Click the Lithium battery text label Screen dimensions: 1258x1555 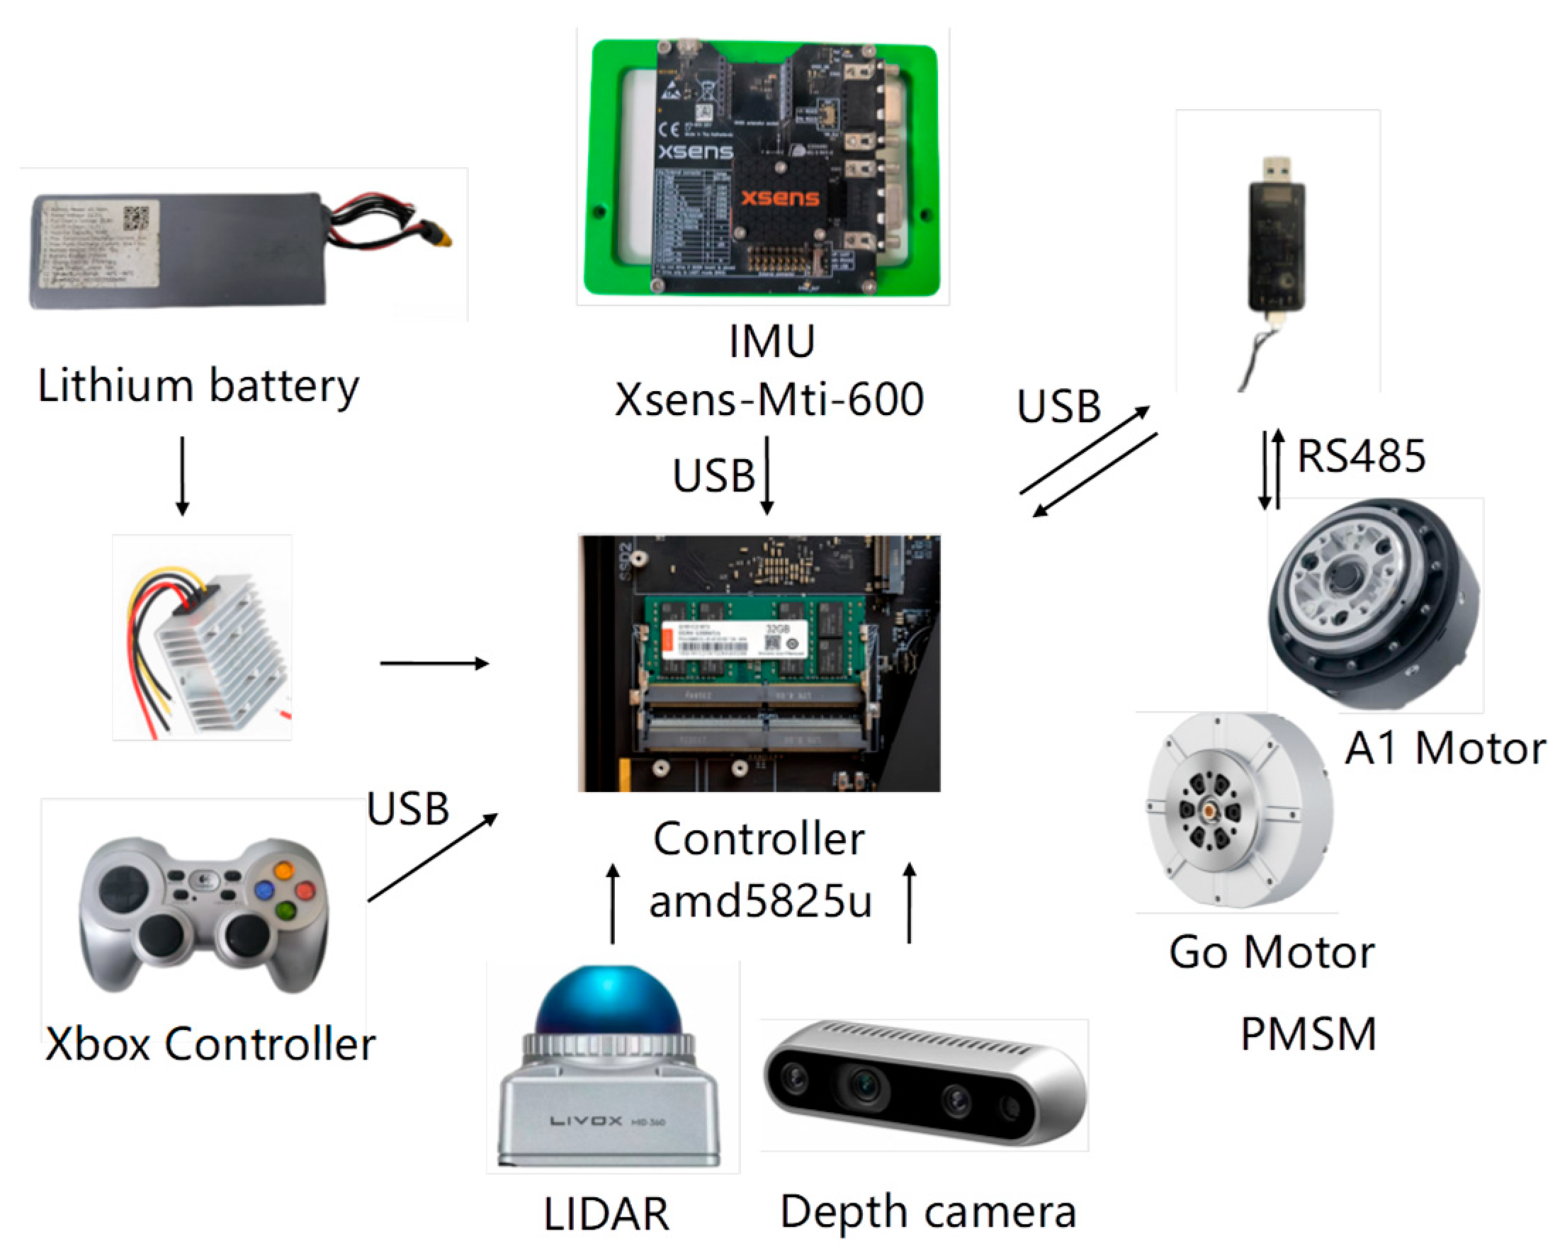(x=198, y=385)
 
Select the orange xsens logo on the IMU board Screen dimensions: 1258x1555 (x=780, y=197)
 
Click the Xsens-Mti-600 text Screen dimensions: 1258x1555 (x=769, y=399)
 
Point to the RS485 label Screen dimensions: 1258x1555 (x=1361, y=457)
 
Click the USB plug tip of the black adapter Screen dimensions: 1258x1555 (x=1276, y=168)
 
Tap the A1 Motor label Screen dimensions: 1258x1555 (x=1445, y=749)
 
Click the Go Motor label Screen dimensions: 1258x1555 (x=1272, y=952)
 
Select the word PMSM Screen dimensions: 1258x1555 (x=1308, y=1034)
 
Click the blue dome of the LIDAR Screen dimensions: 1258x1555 (x=609, y=1001)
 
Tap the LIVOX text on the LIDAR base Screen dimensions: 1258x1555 (x=585, y=1121)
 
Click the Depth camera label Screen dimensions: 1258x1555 (x=927, y=1212)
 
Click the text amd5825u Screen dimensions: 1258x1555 (x=760, y=902)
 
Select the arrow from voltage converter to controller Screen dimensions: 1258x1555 (x=434, y=663)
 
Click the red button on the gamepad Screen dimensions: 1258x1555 (x=305, y=889)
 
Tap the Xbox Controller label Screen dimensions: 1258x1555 (x=210, y=1044)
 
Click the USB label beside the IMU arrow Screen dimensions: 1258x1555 (x=713, y=476)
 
